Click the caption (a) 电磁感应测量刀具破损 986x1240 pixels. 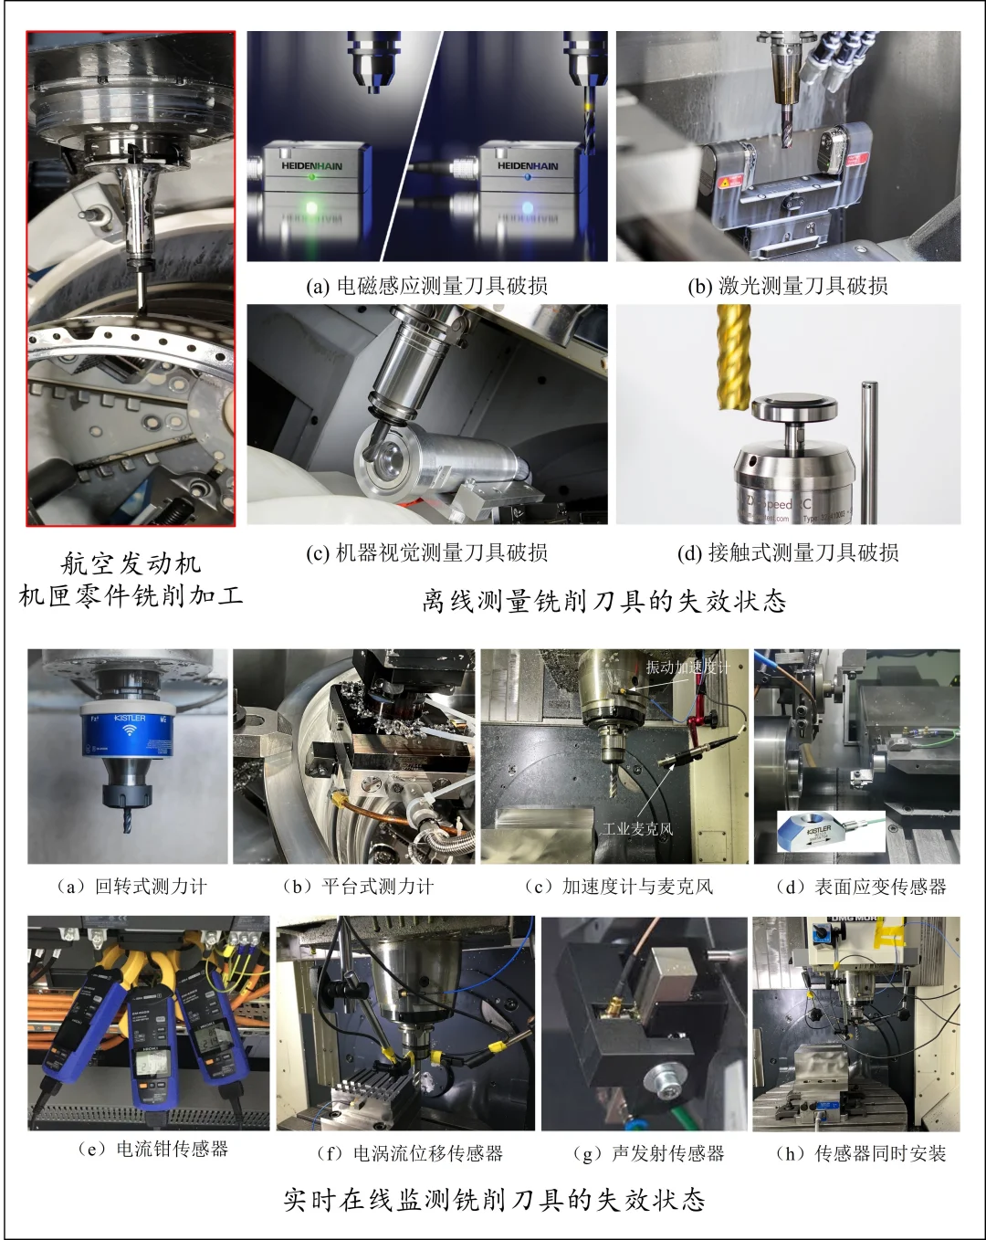click(426, 286)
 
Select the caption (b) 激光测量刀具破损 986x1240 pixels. click(788, 286)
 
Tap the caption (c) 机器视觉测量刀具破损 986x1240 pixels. click(426, 552)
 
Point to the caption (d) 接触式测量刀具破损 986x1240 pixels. click(788, 552)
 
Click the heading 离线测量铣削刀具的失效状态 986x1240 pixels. click(603, 601)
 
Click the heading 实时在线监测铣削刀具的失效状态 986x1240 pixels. click(494, 1199)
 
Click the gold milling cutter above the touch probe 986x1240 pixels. click(733, 356)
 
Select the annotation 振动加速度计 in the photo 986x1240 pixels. click(687, 667)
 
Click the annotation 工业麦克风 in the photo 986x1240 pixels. click(637, 829)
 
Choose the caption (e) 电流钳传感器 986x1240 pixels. click(152, 1149)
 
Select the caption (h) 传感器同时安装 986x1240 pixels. click(860, 1153)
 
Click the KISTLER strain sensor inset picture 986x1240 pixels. click(830, 832)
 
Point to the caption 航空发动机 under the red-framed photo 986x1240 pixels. click(131, 563)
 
